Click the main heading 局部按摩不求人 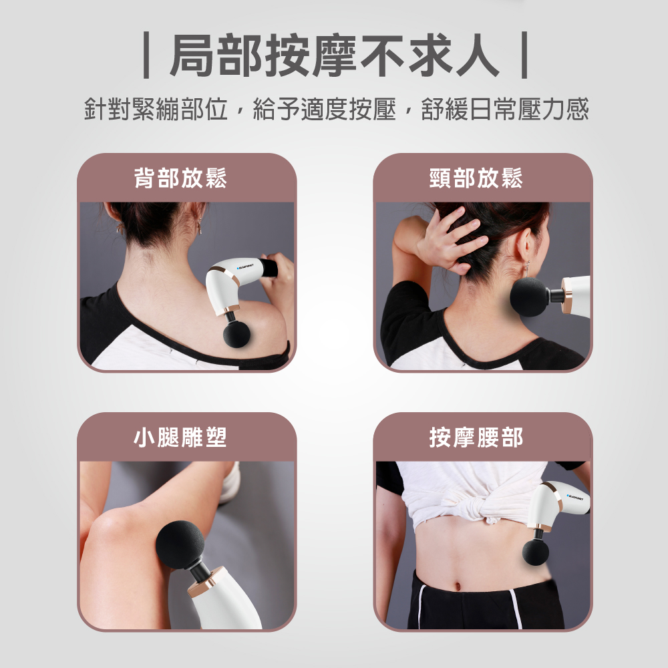pyautogui.click(x=334, y=55)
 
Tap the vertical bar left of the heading pyautogui.click(x=146, y=55)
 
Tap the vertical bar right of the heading pyautogui.click(x=524, y=55)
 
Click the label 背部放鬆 pyautogui.click(x=180, y=178)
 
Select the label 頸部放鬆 pyautogui.click(x=476, y=178)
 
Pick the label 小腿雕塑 pyautogui.click(x=180, y=437)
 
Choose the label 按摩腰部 pyautogui.click(x=476, y=437)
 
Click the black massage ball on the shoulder pyautogui.click(x=236, y=335)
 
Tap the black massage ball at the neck pyautogui.click(x=529, y=297)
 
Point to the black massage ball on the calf pyautogui.click(x=180, y=545)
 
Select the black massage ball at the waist pyautogui.click(x=536, y=552)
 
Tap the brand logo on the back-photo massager pyautogui.click(x=244, y=267)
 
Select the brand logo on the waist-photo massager pyautogui.click(x=578, y=497)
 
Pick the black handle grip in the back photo pyautogui.click(x=269, y=268)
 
